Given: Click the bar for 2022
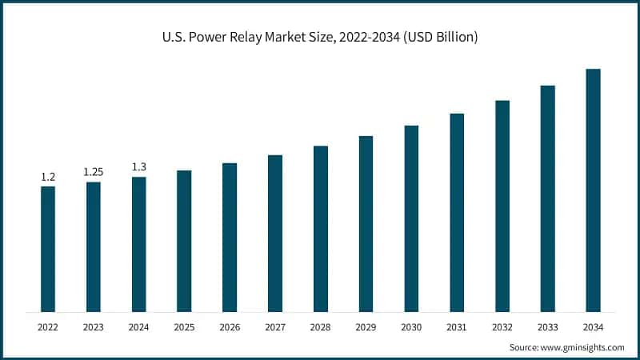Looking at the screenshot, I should click(48, 249).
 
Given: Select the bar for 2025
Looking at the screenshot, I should click(184, 241).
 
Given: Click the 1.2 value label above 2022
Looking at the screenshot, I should click(48, 176).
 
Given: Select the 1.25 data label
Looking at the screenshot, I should click(94, 172).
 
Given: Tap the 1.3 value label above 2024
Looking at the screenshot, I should click(139, 166).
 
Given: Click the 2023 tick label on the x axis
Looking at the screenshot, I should click(94, 327).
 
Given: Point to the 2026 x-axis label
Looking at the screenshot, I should click(230, 327).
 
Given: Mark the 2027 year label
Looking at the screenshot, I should click(275, 327).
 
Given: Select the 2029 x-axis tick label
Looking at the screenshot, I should click(366, 327).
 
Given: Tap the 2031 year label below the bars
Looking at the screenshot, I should click(457, 327).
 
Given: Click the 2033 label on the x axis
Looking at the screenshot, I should click(547, 327).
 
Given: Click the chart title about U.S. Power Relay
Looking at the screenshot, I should click(320, 38).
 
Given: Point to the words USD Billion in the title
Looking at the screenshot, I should click(440, 38).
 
